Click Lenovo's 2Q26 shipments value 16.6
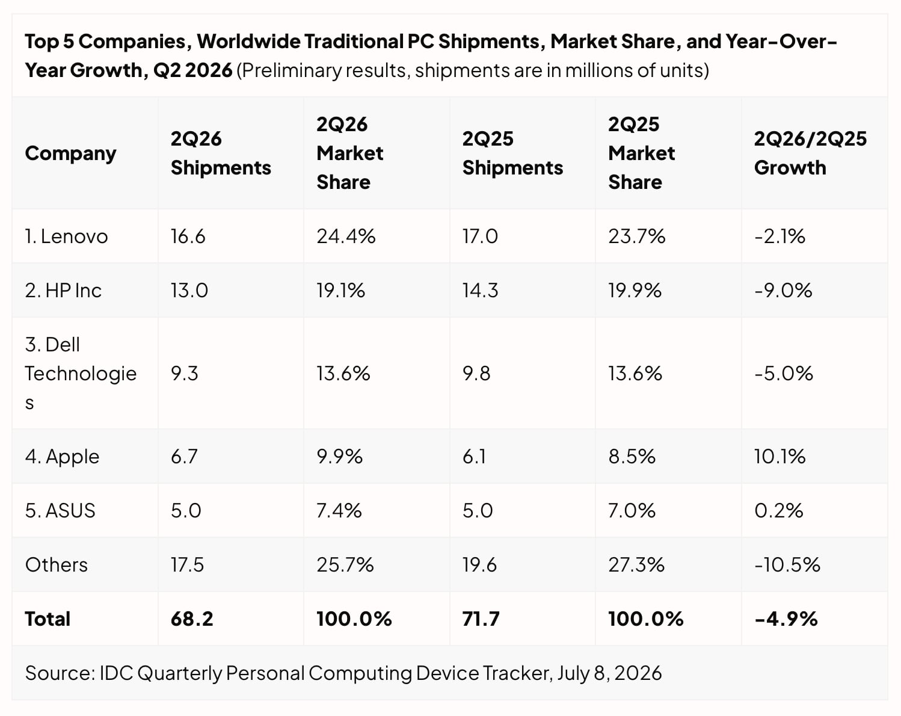[x=188, y=236]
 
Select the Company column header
[x=70, y=154]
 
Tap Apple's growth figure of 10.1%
[x=780, y=456]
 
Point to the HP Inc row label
[x=63, y=291]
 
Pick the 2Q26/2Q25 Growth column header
[x=810, y=153]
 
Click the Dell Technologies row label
[x=81, y=373]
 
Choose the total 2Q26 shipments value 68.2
[x=192, y=619]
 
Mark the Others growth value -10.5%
[x=787, y=565]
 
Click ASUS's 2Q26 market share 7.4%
[x=339, y=511]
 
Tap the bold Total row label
[x=48, y=619]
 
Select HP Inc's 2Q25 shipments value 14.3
[x=480, y=291]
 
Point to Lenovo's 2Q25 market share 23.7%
[x=636, y=236]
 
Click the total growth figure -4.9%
[x=786, y=619]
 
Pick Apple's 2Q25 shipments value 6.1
[x=475, y=456]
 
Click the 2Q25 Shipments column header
[x=512, y=153]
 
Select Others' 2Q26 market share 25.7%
[x=345, y=565]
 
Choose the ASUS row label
[x=60, y=511]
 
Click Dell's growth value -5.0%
[x=783, y=373]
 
